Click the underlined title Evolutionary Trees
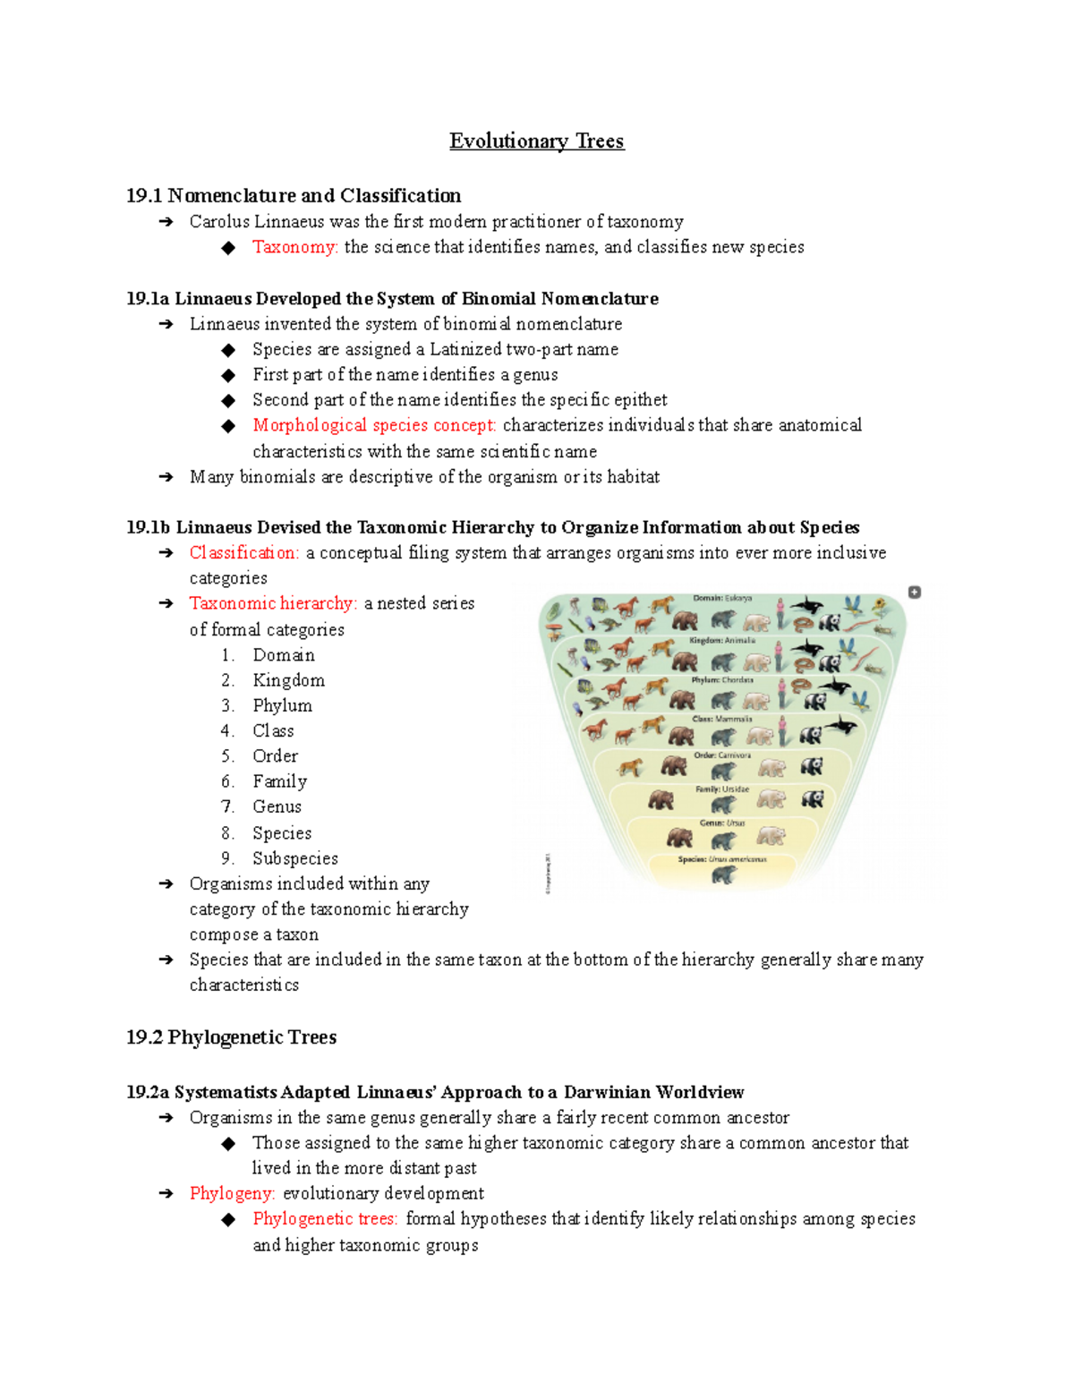[536, 141]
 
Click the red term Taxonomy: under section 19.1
[294, 247]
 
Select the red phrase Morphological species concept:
[374, 425]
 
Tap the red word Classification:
[243, 553]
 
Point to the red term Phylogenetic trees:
[325, 1219]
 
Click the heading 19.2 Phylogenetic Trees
[231, 1037]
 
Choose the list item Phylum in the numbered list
[282, 706]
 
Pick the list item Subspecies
[294, 858]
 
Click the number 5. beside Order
[228, 756]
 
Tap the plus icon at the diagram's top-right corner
[914, 593]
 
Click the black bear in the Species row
[723, 874]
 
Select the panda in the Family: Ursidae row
[812, 799]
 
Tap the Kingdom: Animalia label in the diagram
[722, 641]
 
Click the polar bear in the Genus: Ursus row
[771, 837]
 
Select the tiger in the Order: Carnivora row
[631, 767]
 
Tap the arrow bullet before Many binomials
[166, 477]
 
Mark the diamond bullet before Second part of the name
[229, 400]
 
